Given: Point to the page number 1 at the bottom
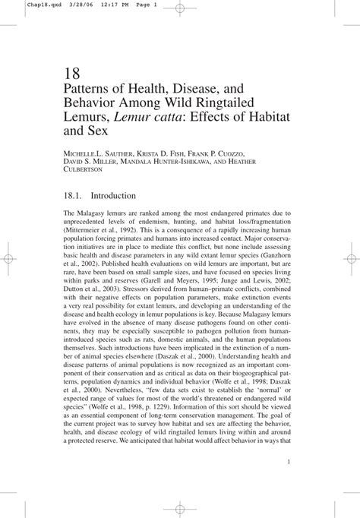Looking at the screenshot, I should tap(291, 461).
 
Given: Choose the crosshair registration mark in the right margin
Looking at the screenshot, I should tap(350, 258).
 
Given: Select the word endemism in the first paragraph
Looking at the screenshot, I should tap(171, 226).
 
